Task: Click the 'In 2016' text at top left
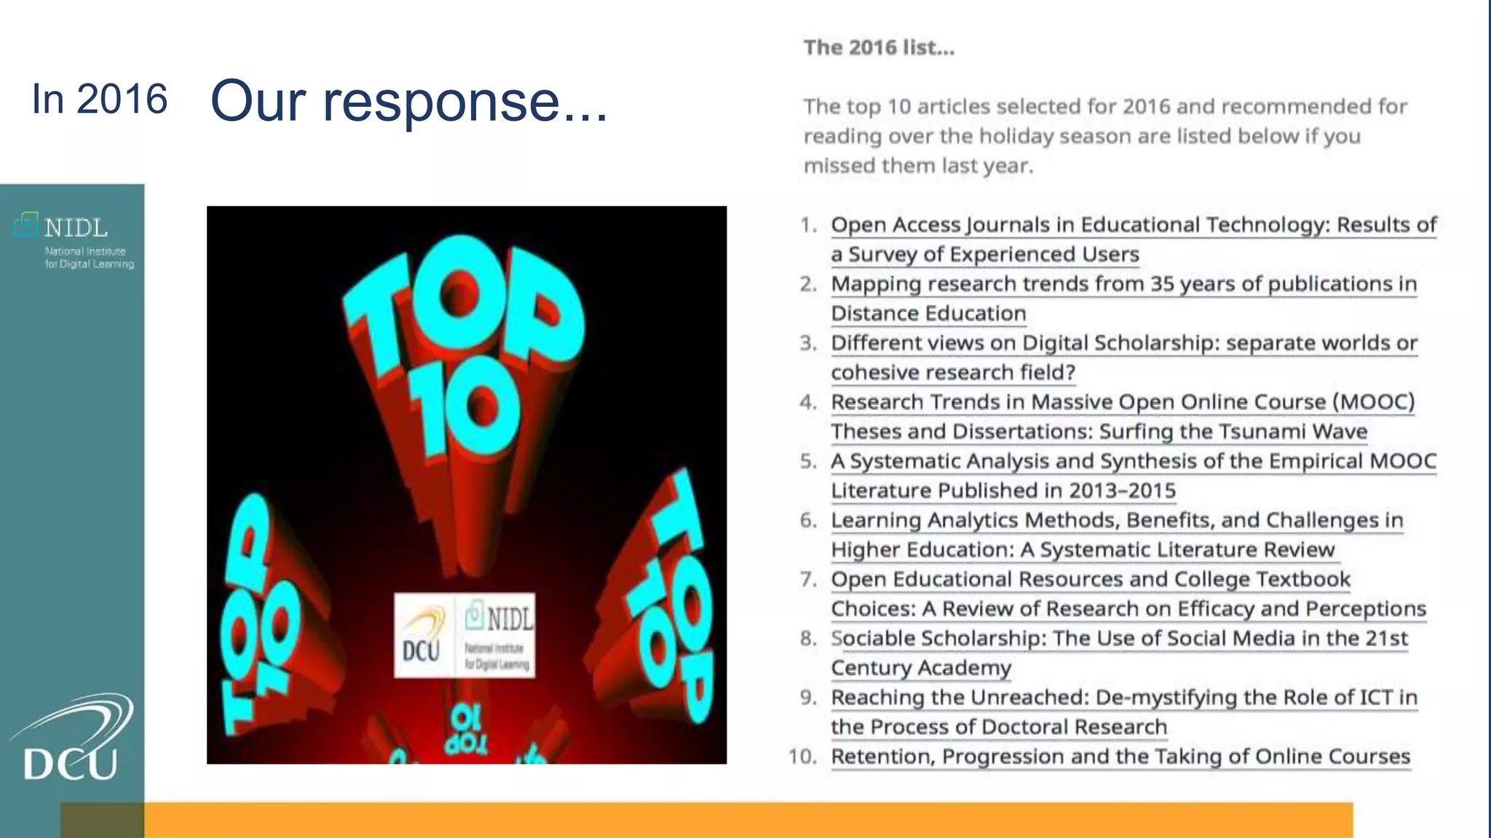tap(100, 99)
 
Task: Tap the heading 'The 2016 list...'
tap(879, 47)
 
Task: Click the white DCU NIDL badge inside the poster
tap(464, 635)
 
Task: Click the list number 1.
tap(807, 225)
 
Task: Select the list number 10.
tap(802, 757)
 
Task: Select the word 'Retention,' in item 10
tap(883, 757)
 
